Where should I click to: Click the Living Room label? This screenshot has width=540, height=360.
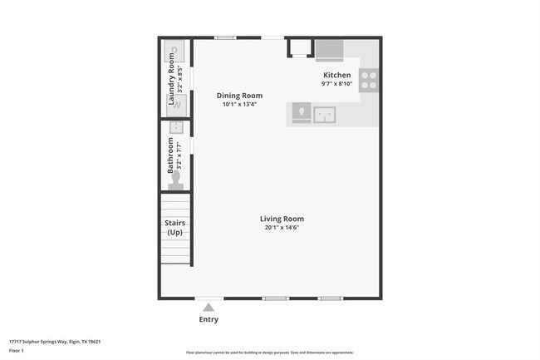282,219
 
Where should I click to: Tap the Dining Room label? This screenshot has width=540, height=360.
239,96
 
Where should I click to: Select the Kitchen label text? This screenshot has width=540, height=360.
336,75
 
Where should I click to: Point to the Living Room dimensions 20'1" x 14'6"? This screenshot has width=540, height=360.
282,228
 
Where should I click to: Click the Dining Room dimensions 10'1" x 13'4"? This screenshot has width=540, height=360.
239,105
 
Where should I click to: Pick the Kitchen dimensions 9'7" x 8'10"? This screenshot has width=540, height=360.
336,84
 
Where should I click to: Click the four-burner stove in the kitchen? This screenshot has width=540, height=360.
369,80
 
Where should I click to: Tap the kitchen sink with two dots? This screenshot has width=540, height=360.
324,113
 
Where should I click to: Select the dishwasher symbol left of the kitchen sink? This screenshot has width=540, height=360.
301,112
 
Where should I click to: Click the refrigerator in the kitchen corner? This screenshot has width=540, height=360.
329,49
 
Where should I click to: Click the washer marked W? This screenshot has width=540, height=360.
175,104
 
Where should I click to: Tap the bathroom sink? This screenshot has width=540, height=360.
175,127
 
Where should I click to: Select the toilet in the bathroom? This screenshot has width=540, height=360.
175,180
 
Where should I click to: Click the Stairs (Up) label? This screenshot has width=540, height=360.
175,228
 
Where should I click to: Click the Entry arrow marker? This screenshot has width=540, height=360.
209,307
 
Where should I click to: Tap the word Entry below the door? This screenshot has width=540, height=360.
209,319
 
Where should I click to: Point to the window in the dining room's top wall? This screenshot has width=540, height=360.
224,37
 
